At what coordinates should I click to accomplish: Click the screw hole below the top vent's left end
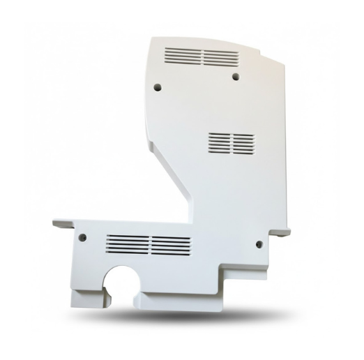(x=157, y=87)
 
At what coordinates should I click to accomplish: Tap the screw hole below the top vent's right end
(x=235, y=75)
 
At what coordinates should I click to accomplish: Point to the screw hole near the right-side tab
(x=259, y=243)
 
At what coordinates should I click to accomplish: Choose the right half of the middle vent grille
(x=241, y=142)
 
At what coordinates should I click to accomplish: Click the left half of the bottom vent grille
(x=128, y=243)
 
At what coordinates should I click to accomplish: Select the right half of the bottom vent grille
(x=170, y=243)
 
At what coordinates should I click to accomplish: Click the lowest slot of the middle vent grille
(x=230, y=151)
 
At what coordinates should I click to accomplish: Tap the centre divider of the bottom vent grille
(x=149, y=243)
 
